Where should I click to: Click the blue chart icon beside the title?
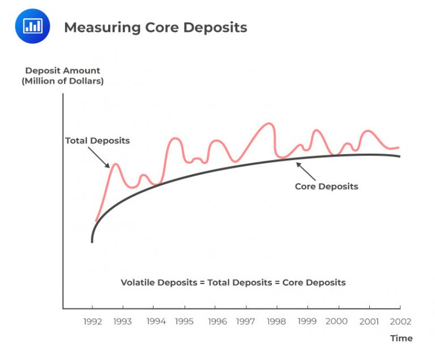coord(32,26)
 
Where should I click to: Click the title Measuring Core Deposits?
coord(155,27)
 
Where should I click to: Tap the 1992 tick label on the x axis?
coord(92,321)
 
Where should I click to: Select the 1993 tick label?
coord(122,321)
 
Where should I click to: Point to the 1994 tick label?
coord(156,321)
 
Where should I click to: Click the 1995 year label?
coord(184,321)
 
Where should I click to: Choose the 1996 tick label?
coord(217,321)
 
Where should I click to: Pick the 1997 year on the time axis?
coord(246,321)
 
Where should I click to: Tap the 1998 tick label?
coord(277,321)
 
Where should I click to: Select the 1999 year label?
coord(308,321)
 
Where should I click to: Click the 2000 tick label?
coord(336,321)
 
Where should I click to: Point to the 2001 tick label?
coord(369,321)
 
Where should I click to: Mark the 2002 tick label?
coord(400,321)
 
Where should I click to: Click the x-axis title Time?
coord(401,338)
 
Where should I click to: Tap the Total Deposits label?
coord(97,141)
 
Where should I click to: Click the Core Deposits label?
coord(326,187)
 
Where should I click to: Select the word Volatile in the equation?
coord(137,282)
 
